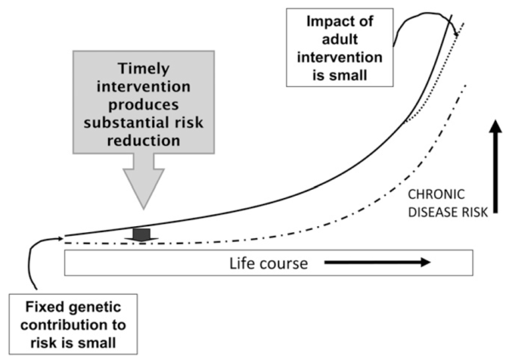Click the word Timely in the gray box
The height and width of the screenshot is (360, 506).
pos(144,69)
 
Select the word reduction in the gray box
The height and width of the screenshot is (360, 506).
pos(144,141)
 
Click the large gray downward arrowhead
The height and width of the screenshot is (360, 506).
pos(144,189)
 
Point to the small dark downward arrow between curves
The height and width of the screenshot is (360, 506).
pos(142,235)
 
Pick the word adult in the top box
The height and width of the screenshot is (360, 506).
pos(340,40)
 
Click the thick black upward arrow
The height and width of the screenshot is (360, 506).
pos(495,167)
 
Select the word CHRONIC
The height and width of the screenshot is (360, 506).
pos(436,195)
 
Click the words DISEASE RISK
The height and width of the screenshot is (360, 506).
pos(448,212)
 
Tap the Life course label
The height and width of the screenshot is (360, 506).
pos(269,264)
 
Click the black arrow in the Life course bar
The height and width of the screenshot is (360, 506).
pos(378,262)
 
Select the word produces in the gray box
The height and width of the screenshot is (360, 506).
pos(144,105)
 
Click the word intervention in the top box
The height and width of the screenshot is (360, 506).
pos(340,57)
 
